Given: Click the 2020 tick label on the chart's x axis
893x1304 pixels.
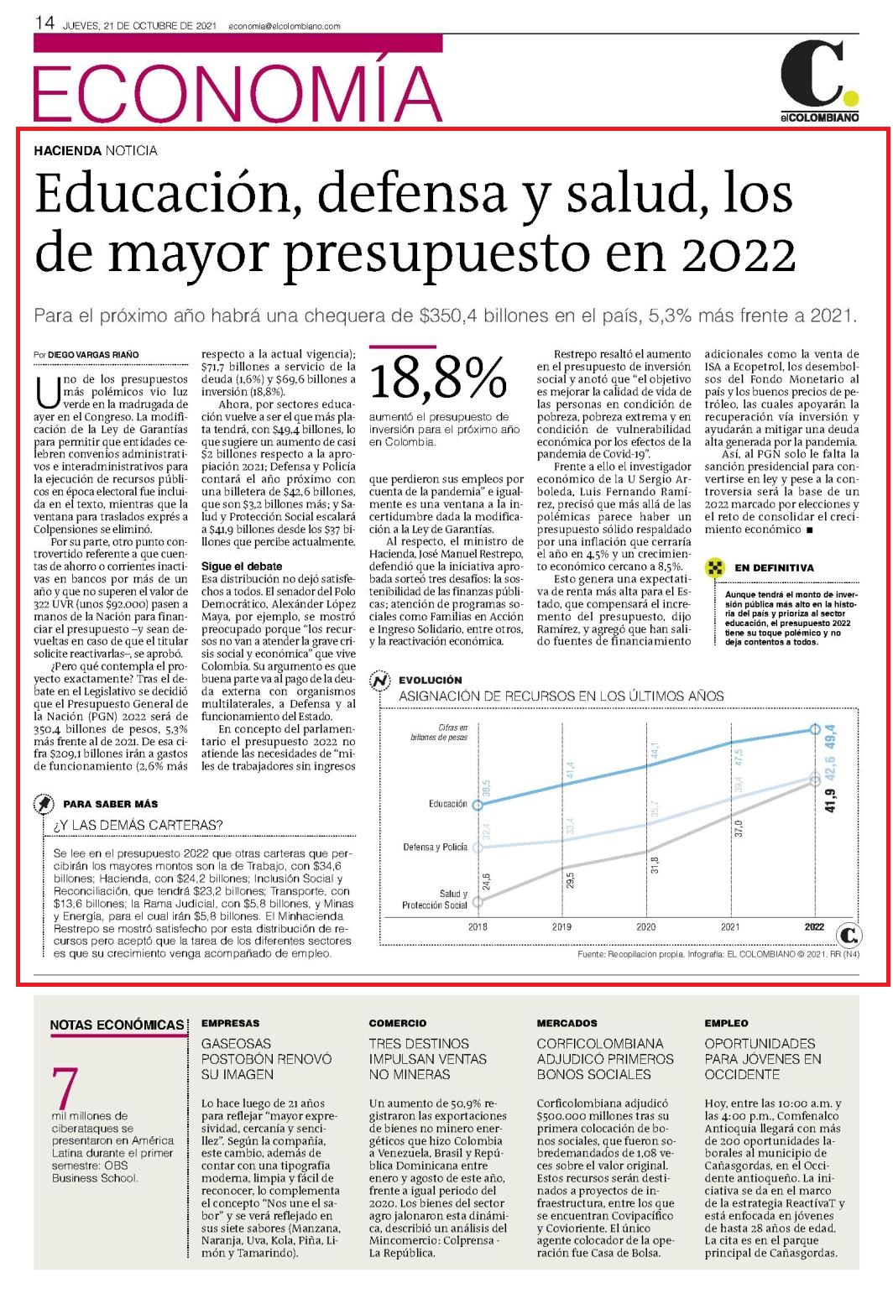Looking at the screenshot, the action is point(645,926).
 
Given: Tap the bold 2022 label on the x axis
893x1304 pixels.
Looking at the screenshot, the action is point(814,926).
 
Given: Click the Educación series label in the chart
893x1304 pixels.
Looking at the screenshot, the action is point(447,804).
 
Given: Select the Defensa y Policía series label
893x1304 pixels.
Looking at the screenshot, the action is point(435,847).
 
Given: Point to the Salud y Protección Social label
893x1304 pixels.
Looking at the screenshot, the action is point(434,900).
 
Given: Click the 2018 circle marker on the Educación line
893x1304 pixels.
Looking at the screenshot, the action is point(478,805).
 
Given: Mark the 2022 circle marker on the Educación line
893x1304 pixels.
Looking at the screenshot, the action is point(815,729).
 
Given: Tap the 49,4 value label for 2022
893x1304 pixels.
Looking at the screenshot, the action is point(830,737).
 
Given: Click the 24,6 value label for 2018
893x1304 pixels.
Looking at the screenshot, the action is point(486,882).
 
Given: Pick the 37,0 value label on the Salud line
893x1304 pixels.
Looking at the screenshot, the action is point(739,828).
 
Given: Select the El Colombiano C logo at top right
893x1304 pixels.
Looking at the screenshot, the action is point(820,81).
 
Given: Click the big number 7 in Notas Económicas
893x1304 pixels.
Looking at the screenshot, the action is point(65,1087).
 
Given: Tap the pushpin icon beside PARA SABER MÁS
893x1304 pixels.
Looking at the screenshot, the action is point(44,804).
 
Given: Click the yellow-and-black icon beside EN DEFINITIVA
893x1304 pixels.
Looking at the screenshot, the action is point(715,567).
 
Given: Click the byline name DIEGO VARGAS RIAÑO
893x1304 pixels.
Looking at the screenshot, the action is point(93,354).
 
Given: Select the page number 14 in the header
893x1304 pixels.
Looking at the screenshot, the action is point(44,23).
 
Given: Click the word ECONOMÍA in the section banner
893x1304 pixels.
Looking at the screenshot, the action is point(238,92).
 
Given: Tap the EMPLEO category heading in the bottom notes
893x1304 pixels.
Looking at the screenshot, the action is point(726,1023).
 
